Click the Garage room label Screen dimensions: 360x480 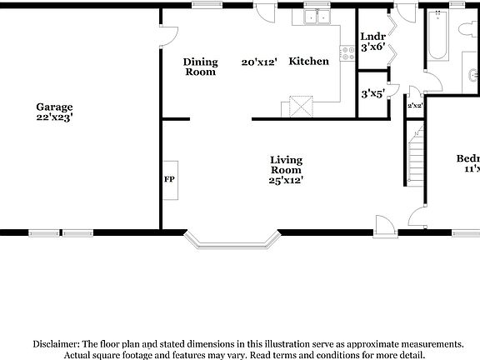pyautogui.click(x=54, y=107)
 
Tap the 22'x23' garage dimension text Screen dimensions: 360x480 pyautogui.click(x=54, y=117)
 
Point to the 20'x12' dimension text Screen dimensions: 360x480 pyautogui.click(x=258, y=62)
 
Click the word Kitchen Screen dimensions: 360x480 pyautogui.click(x=308, y=62)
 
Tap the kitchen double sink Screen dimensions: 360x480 pyautogui.click(x=316, y=18)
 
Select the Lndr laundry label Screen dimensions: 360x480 pyautogui.click(x=372, y=37)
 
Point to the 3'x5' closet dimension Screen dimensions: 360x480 pyautogui.click(x=372, y=94)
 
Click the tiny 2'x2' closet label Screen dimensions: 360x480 pyautogui.click(x=413, y=106)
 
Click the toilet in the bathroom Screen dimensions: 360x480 pyautogui.click(x=467, y=28)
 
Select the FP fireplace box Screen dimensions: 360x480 pyautogui.click(x=169, y=179)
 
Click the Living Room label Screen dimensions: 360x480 pyautogui.click(x=285, y=164)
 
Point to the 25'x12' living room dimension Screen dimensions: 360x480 pyautogui.click(x=285, y=180)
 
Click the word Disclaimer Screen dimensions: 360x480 pyautogui.click(x=56, y=343)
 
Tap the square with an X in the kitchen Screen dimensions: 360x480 pyautogui.click(x=299, y=107)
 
